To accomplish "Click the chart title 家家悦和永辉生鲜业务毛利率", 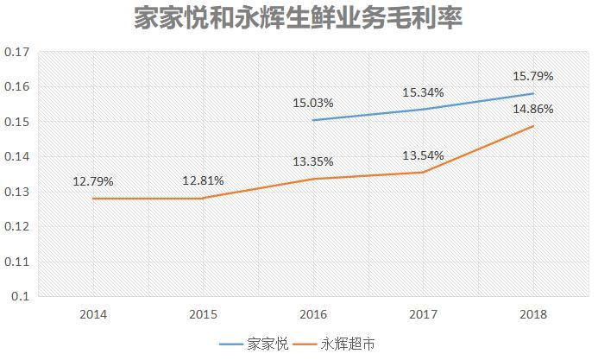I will (299, 19).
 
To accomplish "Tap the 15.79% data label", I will (532, 76).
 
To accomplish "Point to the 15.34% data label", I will (423, 92).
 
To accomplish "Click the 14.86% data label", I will (532, 110).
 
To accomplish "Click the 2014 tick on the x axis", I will (93, 315).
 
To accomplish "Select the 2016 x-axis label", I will (313, 315).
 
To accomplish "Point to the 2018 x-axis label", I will (532, 315).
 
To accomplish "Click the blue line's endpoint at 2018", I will (532, 93).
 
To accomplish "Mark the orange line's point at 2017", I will (423, 172).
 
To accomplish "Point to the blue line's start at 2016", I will (313, 120).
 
